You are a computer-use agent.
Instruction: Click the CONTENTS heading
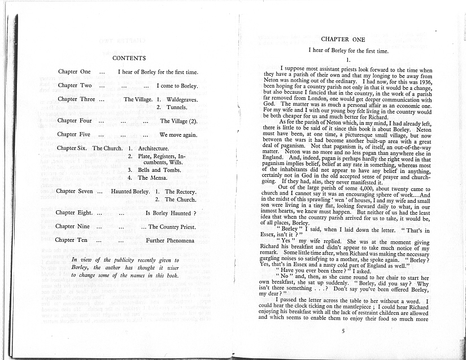click(x=129, y=58)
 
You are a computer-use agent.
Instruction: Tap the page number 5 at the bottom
click(x=342, y=331)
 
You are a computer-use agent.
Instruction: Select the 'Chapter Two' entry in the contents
click(x=75, y=86)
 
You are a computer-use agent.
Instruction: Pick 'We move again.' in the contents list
click(x=178, y=135)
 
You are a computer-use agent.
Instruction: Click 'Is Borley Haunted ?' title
click(x=171, y=214)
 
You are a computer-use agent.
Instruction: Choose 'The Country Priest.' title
click(x=172, y=227)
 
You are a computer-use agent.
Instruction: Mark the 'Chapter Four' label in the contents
click(x=75, y=120)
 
